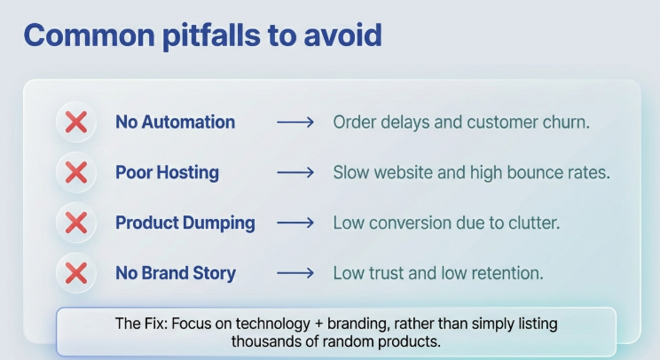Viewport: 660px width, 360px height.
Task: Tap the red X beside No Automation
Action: (x=76, y=122)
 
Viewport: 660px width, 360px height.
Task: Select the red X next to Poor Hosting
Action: (x=76, y=172)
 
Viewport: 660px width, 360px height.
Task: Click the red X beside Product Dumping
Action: (x=76, y=223)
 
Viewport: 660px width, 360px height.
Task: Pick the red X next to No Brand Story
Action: (x=76, y=272)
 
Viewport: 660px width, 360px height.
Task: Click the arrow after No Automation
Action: (x=295, y=122)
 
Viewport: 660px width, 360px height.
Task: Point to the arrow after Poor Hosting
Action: (x=295, y=172)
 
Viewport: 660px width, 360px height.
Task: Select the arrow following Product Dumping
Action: (x=295, y=223)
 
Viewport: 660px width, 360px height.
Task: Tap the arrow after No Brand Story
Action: (x=295, y=273)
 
